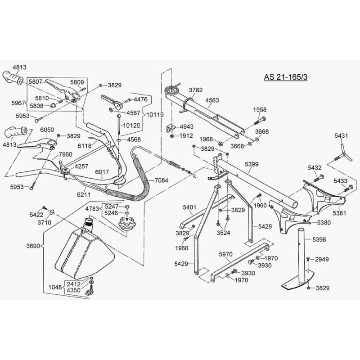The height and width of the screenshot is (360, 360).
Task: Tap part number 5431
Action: [342, 135]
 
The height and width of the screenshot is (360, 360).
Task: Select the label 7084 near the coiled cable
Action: [161, 180]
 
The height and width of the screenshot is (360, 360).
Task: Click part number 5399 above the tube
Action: [252, 165]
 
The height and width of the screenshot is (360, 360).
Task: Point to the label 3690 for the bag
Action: [34, 247]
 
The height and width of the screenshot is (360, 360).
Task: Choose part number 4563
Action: [212, 101]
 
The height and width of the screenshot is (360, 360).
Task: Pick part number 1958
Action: [260, 109]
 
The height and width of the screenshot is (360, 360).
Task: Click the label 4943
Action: [187, 126]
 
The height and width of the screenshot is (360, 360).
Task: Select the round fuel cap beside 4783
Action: [127, 222]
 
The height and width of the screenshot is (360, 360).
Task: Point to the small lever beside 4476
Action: [112, 101]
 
